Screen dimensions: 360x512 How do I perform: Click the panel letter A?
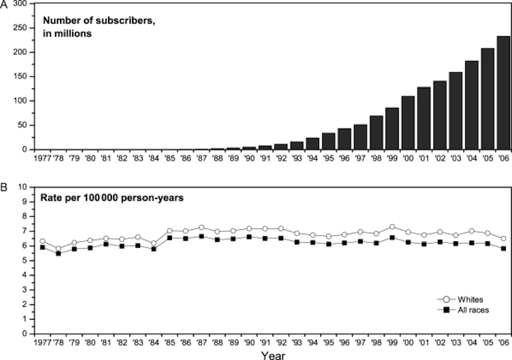pos(4,4)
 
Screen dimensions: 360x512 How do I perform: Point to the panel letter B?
pos(4,188)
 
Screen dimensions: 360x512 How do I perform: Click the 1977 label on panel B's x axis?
pos(43,342)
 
